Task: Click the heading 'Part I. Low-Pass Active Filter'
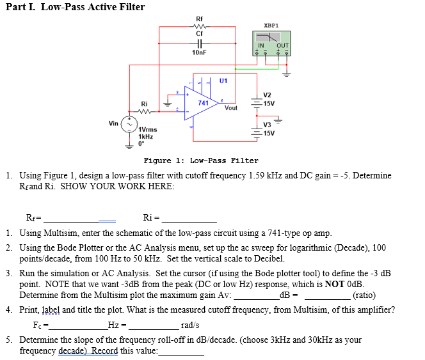pos(76,7)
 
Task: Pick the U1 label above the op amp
pos(223,81)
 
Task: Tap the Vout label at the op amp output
pos(231,108)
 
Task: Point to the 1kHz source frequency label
pos(147,137)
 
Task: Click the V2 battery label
pos(268,95)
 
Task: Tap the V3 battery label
pos(268,125)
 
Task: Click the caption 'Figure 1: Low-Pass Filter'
pos(201,160)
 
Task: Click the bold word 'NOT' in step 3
pos(335,284)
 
